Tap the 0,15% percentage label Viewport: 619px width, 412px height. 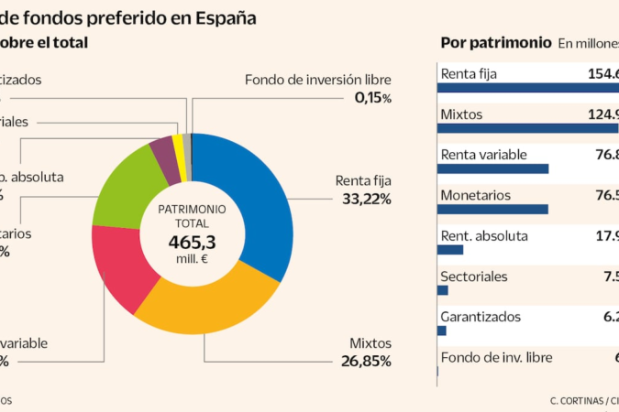pyautogui.click(x=372, y=97)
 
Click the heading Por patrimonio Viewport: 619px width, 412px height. pyautogui.click(x=495, y=42)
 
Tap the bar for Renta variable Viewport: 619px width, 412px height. pyautogui.click(x=493, y=168)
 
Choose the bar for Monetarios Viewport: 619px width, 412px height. pyautogui.click(x=492, y=209)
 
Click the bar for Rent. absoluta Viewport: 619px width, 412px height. pyautogui.click(x=451, y=249)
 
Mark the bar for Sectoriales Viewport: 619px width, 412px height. pyautogui.click(x=443, y=290)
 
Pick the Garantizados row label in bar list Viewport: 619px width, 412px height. pyautogui.click(x=481, y=316)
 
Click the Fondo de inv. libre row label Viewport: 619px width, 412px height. pyautogui.click(x=496, y=357)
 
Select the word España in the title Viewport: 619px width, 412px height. pyautogui.click(x=225, y=16)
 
